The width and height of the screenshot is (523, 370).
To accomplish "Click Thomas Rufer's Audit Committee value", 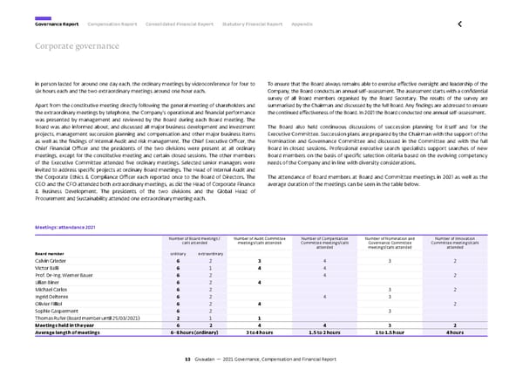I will pyautogui.click(x=260, y=318).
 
